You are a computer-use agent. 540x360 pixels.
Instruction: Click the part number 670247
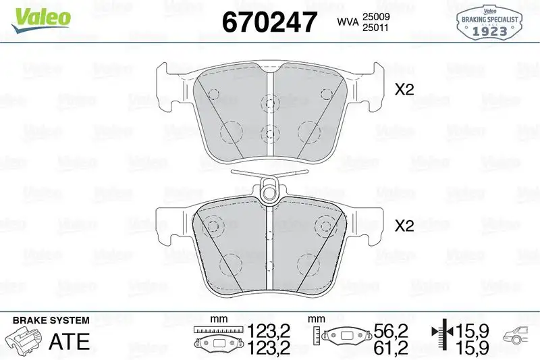click(269, 23)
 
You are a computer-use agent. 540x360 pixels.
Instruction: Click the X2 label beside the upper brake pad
click(404, 91)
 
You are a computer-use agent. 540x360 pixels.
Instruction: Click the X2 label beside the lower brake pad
click(404, 227)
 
